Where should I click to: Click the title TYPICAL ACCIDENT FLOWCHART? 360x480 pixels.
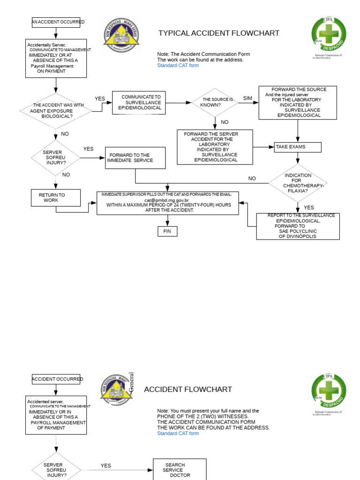click(x=218, y=33)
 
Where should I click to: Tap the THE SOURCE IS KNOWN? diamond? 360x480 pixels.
click(x=215, y=102)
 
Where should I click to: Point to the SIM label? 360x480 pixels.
click(x=247, y=98)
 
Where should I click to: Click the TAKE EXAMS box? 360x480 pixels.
click(x=298, y=147)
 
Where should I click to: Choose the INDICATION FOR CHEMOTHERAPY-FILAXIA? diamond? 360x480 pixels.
click(x=297, y=183)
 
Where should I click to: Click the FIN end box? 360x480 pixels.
click(x=167, y=231)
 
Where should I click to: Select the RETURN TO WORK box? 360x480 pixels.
click(x=56, y=198)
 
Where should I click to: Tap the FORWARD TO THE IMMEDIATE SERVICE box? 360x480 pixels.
click(x=135, y=158)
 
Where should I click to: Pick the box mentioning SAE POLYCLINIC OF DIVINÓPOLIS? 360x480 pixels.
click(x=298, y=226)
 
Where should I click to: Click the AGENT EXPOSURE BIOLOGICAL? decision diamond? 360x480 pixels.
click(x=56, y=111)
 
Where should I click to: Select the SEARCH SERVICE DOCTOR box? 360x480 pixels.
click(x=180, y=470)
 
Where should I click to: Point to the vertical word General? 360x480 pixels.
click(x=131, y=382)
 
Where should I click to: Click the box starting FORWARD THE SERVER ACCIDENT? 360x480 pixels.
click(x=215, y=147)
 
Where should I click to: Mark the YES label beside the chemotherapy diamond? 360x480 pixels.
click(x=309, y=208)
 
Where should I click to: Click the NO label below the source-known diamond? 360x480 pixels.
click(x=225, y=122)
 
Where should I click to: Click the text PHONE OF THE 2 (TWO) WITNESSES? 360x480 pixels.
click(x=202, y=416)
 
